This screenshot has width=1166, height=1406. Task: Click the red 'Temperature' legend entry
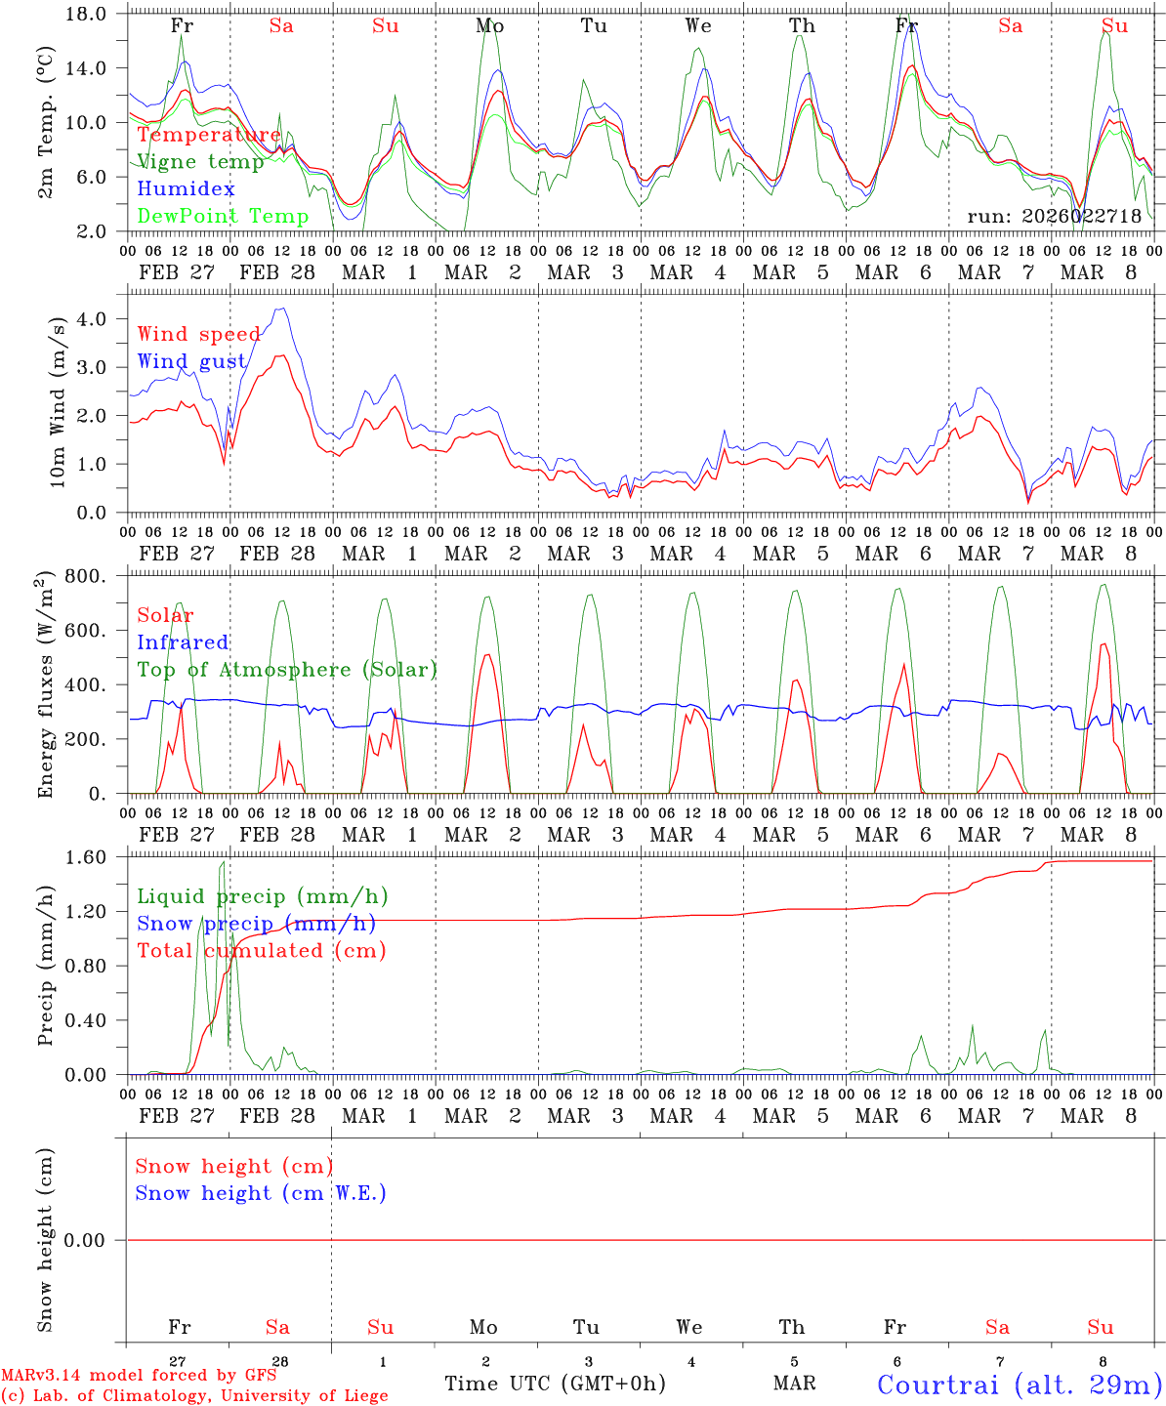coord(209,135)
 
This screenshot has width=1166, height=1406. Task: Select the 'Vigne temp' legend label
coord(200,162)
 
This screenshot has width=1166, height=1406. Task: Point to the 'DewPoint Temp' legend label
coord(223,217)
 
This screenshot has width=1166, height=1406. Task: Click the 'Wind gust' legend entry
coord(191,361)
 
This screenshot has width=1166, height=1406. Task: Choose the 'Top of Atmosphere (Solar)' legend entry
coord(287,670)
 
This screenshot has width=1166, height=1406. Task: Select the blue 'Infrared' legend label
coord(183,642)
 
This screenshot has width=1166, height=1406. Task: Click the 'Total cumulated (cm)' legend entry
coord(261,951)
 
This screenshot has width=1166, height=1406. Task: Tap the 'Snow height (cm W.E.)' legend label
coord(261,1193)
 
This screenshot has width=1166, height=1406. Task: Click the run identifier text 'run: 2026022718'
coord(1054,217)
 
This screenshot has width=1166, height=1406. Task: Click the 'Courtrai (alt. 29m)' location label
coord(1019,1385)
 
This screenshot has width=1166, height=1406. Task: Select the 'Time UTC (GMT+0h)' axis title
coord(555,1384)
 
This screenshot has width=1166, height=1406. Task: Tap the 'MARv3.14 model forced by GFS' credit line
coord(139,1376)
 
